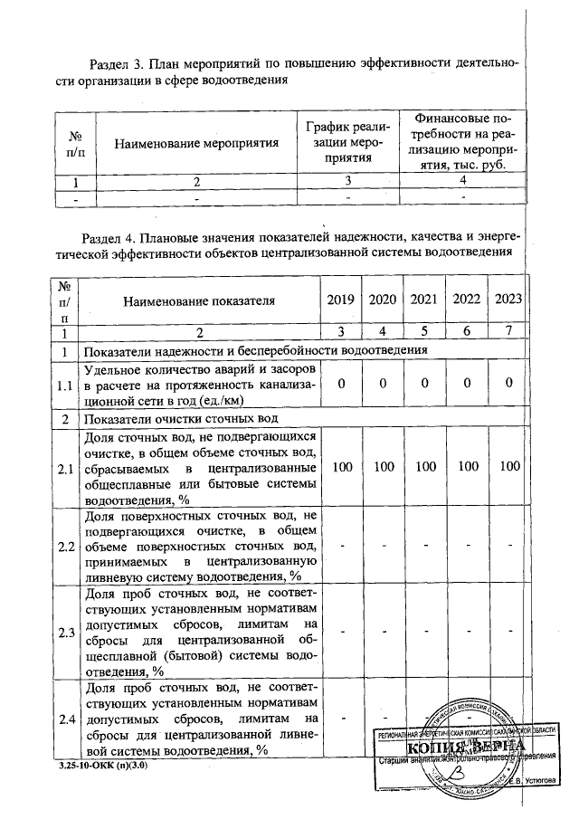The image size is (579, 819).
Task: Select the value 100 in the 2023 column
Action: coord(509,467)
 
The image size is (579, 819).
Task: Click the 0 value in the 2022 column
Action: coord(467,384)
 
